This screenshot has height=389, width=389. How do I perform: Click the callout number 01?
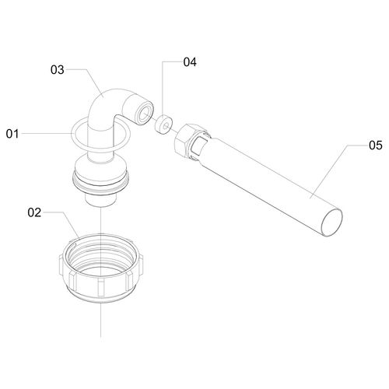point(12,134)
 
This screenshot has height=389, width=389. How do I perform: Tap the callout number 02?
point(34,212)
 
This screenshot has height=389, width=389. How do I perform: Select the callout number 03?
point(57,70)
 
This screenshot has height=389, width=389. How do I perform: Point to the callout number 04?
point(190,62)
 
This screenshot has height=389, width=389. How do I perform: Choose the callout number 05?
point(376,145)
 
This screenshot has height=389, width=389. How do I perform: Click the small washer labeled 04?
point(163,124)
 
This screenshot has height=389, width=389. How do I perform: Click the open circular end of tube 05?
point(331,222)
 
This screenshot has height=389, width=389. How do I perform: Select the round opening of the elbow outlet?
point(145,114)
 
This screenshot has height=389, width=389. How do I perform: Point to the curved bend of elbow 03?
point(103,103)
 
